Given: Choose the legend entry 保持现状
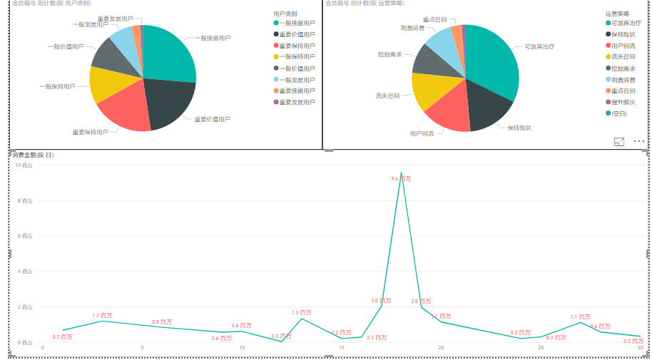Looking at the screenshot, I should tap(621, 34).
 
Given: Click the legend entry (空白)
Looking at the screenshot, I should tap(618, 113).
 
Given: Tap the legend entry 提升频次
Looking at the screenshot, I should tap(621, 102).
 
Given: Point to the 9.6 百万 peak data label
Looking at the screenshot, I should tap(401, 180).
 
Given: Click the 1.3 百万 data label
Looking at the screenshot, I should tap(301, 313).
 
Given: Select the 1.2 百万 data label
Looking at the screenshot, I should tap(102, 316).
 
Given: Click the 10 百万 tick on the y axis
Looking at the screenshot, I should tap(24, 165).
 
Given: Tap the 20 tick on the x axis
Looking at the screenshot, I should tap(441, 348).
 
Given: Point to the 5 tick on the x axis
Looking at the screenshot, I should tap(142, 348).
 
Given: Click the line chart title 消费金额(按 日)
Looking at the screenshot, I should tap(32, 155).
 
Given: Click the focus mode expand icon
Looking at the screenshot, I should tap(619, 142).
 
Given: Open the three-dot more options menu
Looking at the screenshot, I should tap(638, 142).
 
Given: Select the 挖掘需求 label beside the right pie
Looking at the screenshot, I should tap(389, 54).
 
